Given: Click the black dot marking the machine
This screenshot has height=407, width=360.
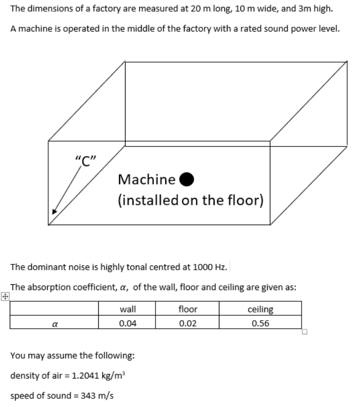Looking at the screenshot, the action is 186,179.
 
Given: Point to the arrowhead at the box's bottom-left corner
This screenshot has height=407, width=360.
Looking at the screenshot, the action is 54,211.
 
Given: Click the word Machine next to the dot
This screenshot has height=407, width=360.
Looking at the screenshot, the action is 146,179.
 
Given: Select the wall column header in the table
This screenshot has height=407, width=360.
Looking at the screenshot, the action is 127,309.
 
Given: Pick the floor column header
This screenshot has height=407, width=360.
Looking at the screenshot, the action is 188,309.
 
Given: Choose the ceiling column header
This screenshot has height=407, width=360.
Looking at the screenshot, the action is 261,309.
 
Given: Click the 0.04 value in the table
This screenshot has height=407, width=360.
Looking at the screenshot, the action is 127,323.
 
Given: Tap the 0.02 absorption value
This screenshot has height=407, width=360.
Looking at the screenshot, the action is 188,323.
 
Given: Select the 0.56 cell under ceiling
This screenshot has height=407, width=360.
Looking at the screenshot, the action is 261,323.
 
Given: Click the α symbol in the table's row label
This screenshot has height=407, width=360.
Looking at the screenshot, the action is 54,323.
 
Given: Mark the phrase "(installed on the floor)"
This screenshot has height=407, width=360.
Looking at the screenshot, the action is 190,201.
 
